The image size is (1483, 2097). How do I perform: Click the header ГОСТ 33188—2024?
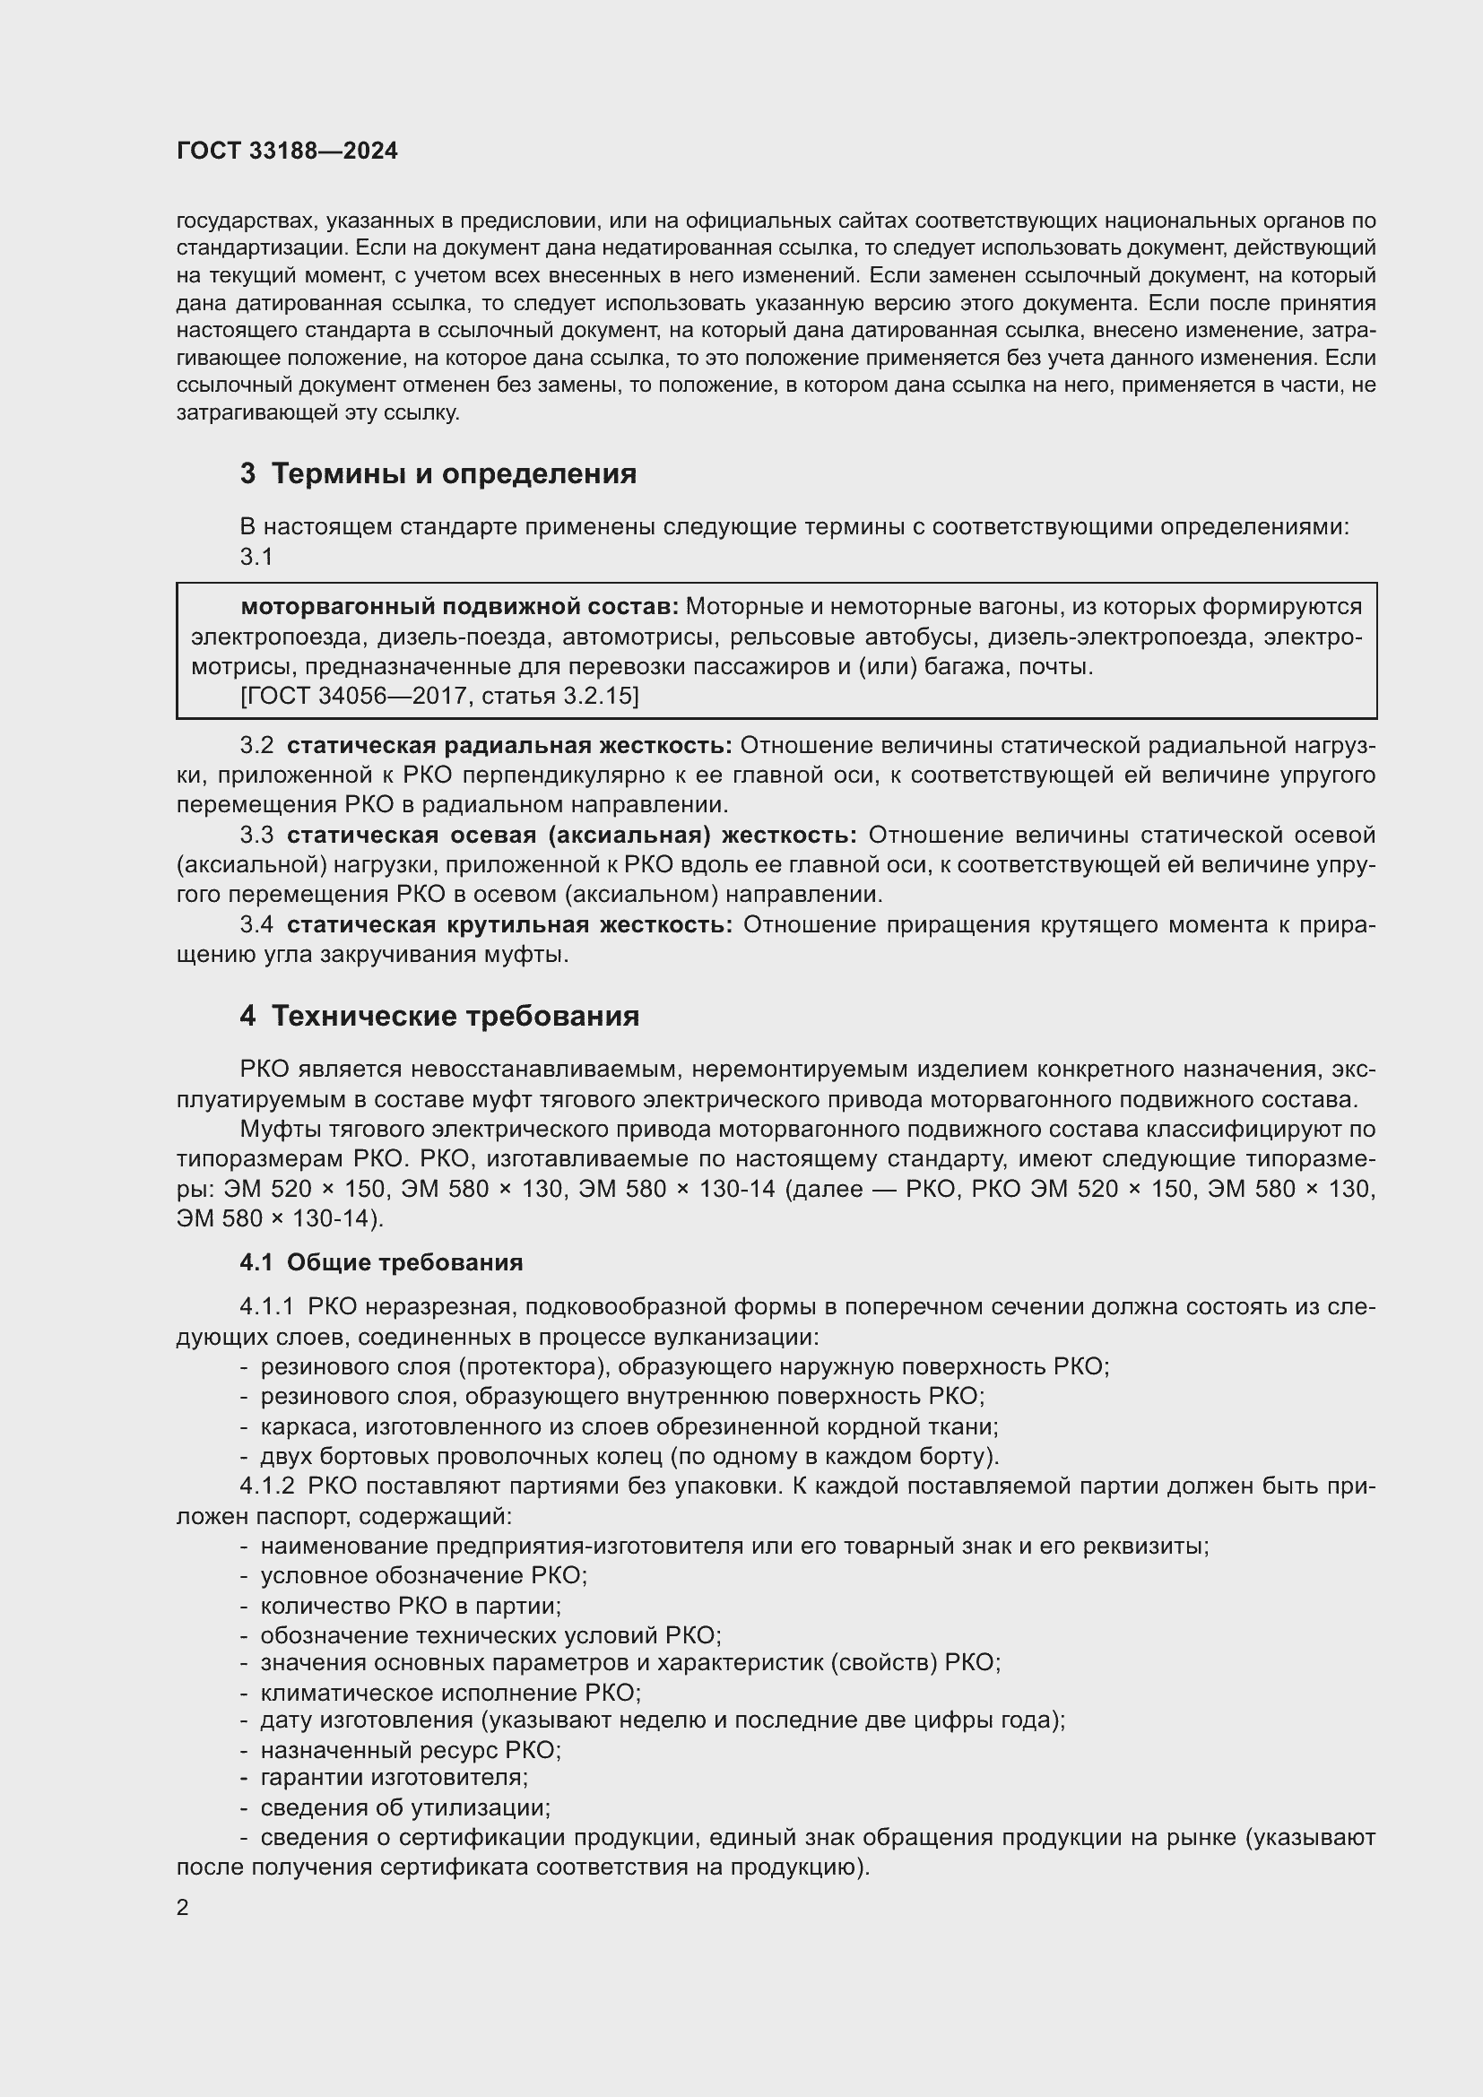(287, 152)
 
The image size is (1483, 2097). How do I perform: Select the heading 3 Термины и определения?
(438, 474)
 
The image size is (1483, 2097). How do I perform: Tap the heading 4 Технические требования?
(439, 1017)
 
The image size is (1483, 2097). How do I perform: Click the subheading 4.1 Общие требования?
(381, 1263)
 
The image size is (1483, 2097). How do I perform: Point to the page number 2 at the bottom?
(183, 1908)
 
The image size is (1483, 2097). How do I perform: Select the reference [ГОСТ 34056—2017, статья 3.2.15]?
(439, 697)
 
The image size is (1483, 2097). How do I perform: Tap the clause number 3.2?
(256, 746)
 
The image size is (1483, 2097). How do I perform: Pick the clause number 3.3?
(256, 836)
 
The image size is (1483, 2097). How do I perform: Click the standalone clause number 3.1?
(256, 557)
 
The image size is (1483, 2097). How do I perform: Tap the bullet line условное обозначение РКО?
(424, 1576)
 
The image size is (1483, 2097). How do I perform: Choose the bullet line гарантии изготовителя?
(395, 1778)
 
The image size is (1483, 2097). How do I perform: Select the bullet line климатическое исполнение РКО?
(450, 1693)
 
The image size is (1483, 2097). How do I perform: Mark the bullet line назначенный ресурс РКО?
(411, 1751)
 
